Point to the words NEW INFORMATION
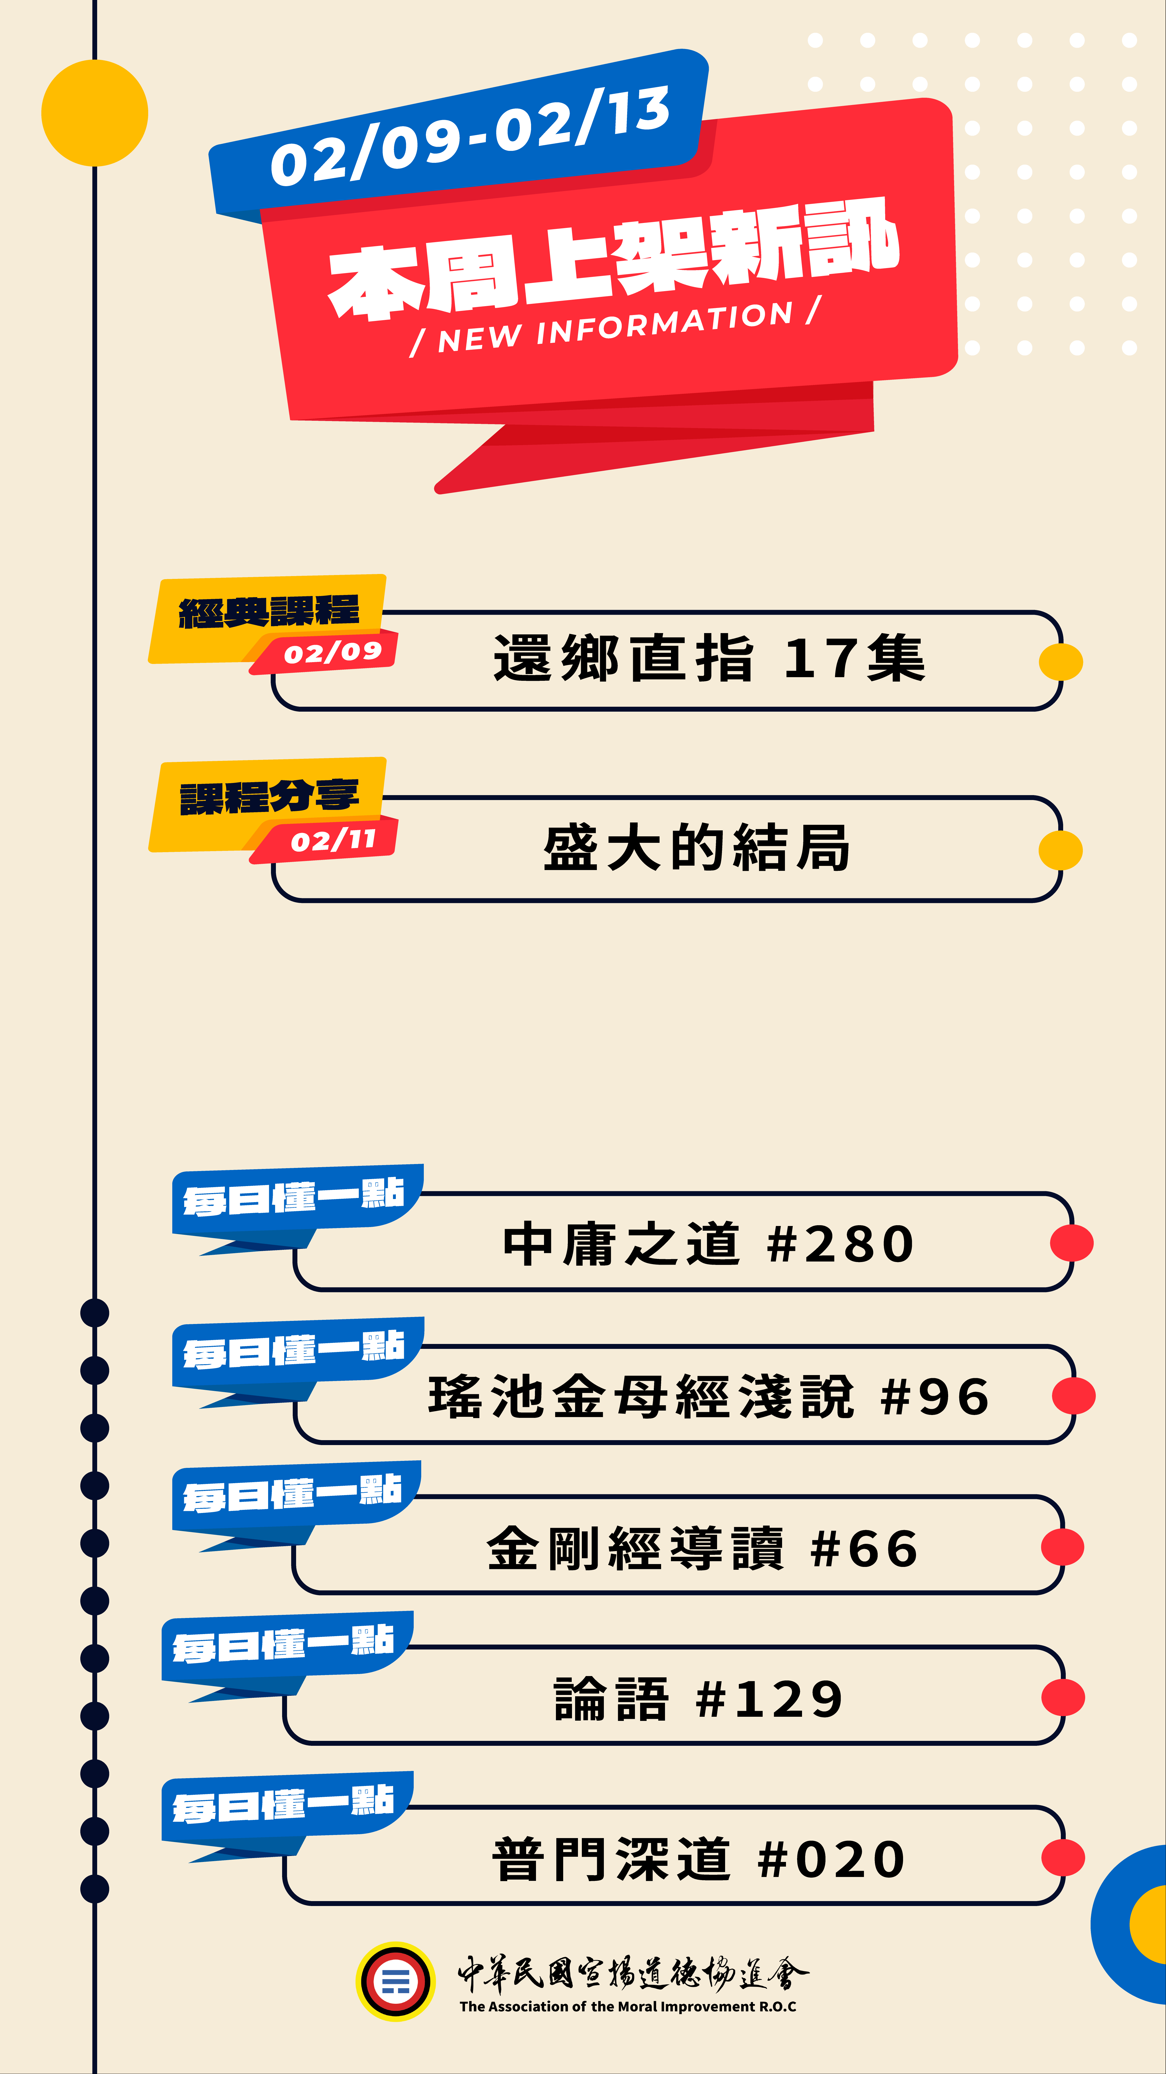(616, 326)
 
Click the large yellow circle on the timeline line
(95, 113)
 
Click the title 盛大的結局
(696, 848)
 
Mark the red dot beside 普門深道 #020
(1062, 1858)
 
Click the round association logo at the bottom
(395, 1981)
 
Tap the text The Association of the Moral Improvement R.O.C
(628, 2006)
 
